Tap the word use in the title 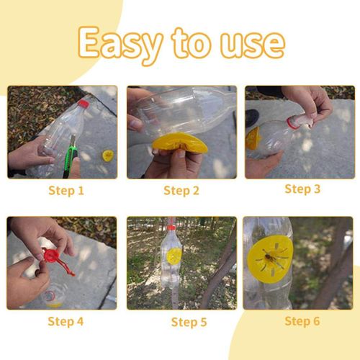click(253, 45)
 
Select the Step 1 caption click(66, 191)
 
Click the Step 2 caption click(181, 191)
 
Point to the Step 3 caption click(302, 189)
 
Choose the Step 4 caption click(66, 321)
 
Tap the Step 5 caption click(189, 322)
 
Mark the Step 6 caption click(302, 321)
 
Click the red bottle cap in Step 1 click(84, 103)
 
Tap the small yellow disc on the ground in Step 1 click(108, 156)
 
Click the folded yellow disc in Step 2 click(179, 143)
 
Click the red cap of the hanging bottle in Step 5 click(172, 228)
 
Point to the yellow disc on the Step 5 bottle click(174, 256)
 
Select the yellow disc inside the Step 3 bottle click(253, 138)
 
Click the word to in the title click(191, 43)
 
